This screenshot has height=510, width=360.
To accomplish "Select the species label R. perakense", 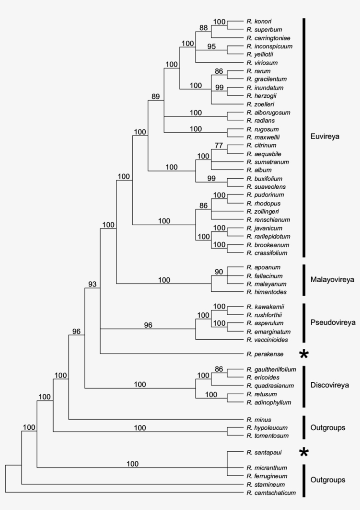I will (x=264, y=353).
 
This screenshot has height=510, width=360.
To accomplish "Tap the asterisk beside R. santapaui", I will (x=303, y=452).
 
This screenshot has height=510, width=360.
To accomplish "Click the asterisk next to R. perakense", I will (x=303, y=354).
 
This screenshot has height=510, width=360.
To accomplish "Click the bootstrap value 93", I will (x=92, y=284).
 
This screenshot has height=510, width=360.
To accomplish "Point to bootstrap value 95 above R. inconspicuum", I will (x=212, y=47).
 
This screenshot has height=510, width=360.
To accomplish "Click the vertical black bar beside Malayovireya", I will (x=303, y=280).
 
